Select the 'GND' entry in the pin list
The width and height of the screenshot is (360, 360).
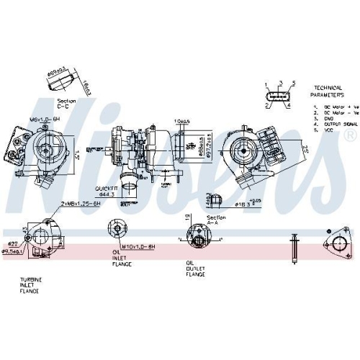click(328, 118)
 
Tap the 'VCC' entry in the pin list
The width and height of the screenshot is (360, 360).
click(328, 129)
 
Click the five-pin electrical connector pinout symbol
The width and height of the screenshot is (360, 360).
click(279, 95)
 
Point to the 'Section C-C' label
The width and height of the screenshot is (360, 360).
click(66, 102)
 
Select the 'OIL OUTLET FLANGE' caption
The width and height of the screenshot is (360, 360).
click(195, 269)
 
